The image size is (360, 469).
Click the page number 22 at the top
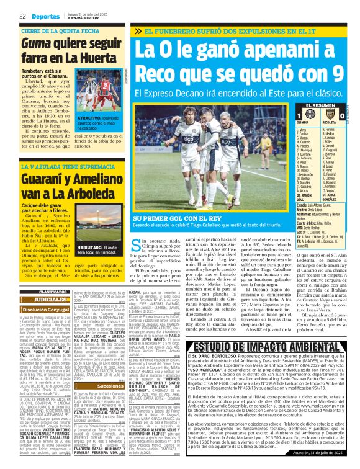coord(22,16)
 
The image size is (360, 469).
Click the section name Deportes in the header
coord(45,16)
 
